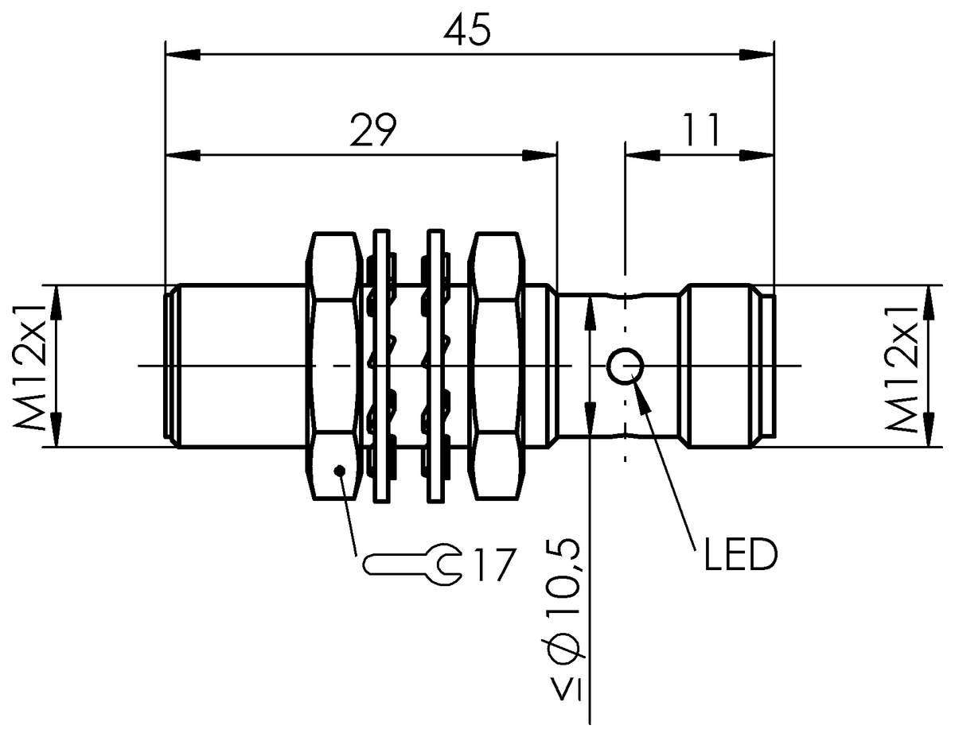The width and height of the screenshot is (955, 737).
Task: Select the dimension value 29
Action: click(x=373, y=130)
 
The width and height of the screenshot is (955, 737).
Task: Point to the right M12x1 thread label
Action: click(x=901, y=369)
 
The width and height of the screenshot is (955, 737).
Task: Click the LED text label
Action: click(x=741, y=554)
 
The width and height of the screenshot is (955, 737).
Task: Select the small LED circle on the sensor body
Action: click(x=626, y=366)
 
